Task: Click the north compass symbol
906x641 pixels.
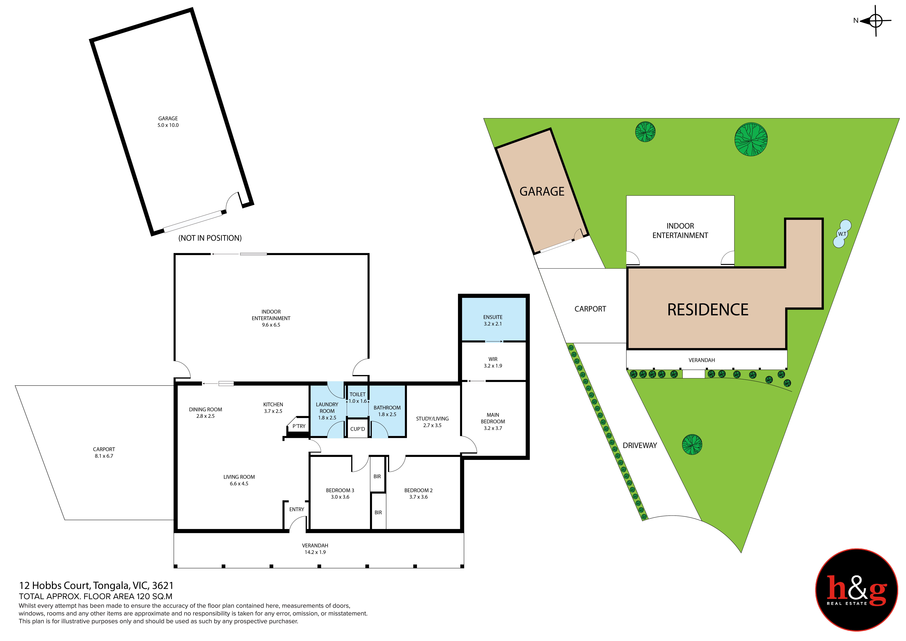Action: (875, 21)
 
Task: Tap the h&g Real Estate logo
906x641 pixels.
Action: (856, 590)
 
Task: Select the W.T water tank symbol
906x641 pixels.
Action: (842, 234)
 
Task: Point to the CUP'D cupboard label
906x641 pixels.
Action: (358, 429)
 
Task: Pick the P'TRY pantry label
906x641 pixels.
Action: (299, 426)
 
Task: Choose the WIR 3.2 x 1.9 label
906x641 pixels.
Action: (493, 362)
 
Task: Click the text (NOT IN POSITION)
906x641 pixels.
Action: (210, 238)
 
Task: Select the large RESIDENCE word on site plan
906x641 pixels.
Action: (708, 310)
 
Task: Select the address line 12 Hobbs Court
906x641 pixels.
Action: (96, 586)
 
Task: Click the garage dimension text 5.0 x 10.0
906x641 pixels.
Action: (168, 125)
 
